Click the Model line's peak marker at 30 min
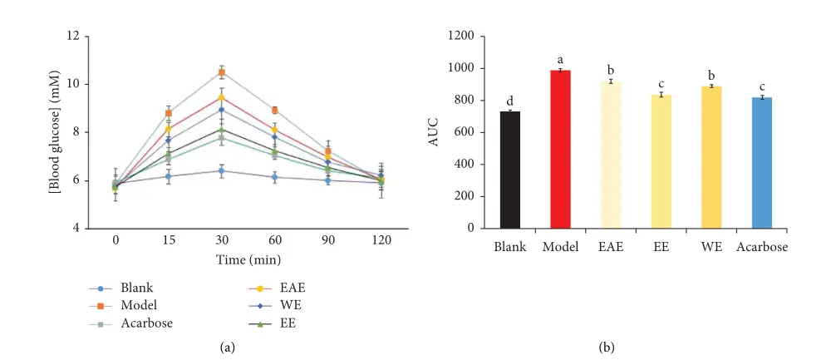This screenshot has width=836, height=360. (x=222, y=72)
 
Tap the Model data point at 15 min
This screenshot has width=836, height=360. (x=169, y=113)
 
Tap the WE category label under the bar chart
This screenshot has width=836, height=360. (x=711, y=247)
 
